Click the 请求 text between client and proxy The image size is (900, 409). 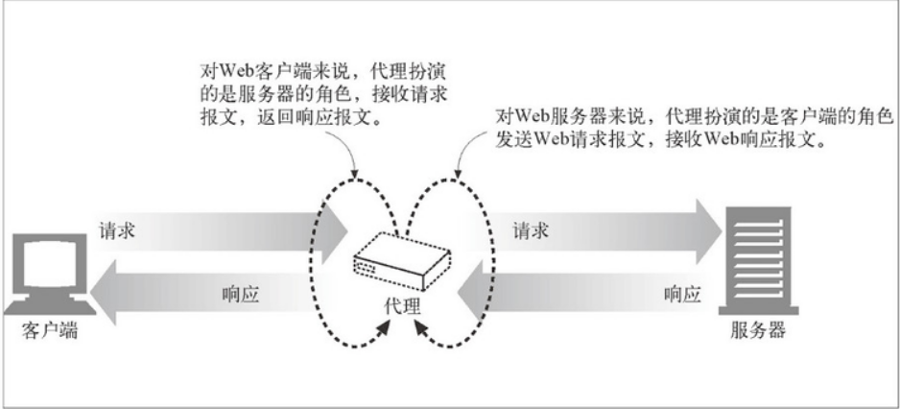point(118,230)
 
